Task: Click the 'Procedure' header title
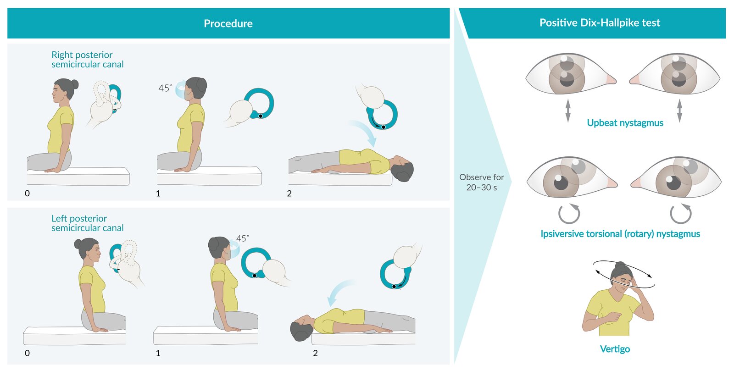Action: click(228, 23)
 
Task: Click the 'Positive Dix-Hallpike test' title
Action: click(600, 22)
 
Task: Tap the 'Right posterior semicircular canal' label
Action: click(88, 59)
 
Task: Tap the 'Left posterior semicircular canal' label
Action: click(88, 223)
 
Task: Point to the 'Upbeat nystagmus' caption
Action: click(625, 123)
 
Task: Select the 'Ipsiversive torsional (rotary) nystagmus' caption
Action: click(620, 234)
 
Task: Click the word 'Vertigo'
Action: click(615, 349)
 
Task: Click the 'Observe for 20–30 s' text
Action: click(481, 182)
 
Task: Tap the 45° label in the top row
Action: click(165, 88)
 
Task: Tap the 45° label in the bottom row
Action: click(243, 238)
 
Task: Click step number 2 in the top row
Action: click(289, 194)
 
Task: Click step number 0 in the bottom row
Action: click(27, 353)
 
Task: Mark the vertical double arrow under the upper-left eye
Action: click(568, 111)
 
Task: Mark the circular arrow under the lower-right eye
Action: click(681, 214)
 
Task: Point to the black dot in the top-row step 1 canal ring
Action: click(261, 116)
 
